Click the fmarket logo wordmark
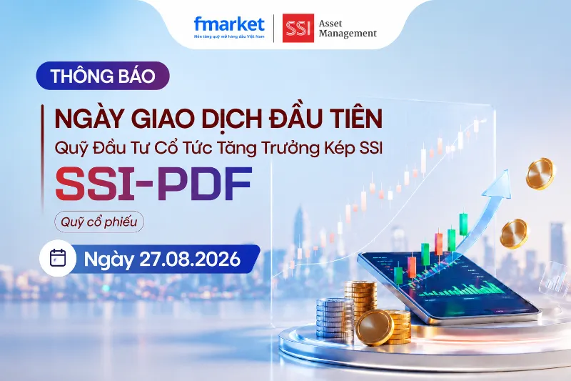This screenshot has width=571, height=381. (x=229, y=24)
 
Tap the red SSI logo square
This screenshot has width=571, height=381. (x=298, y=28)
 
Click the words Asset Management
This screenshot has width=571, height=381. (x=348, y=29)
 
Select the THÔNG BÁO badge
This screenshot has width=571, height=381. (x=103, y=76)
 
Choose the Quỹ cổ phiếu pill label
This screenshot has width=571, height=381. (x=99, y=222)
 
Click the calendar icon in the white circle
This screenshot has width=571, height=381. (x=58, y=258)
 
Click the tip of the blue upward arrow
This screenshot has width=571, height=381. (x=506, y=170)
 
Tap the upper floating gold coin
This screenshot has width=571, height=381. (x=540, y=174)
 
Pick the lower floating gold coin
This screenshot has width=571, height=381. (x=513, y=233)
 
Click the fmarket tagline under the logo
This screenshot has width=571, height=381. (x=229, y=37)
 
